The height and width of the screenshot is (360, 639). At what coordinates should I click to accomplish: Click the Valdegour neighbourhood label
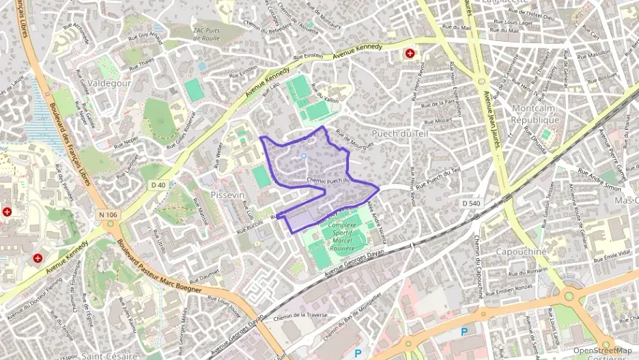[x=109, y=83]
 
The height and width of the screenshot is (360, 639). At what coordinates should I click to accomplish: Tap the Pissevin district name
[x=227, y=195]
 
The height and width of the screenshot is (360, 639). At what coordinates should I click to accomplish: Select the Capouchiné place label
[x=522, y=251]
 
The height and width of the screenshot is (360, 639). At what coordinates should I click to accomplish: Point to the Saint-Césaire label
[x=108, y=356]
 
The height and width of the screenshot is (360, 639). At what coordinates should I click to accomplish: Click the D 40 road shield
[x=158, y=184]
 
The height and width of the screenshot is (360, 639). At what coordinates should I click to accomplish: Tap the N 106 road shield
[x=108, y=215]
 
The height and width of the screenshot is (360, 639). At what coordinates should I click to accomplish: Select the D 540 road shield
[x=470, y=203]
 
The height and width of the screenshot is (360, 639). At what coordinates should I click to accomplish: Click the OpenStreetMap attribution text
[x=603, y=350]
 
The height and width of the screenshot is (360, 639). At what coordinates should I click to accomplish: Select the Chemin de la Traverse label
[x=300, y=316]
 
